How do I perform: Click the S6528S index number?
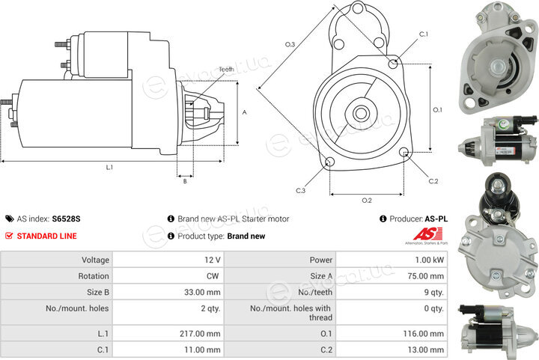click(66, 219)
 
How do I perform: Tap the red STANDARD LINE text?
click(46, 236)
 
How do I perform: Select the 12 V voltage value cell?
click(168, 260)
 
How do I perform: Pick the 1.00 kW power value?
click(430, 260)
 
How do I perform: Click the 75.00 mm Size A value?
click(425, 276)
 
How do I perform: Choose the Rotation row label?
click(94, 276)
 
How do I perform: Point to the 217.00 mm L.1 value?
click(200, 334)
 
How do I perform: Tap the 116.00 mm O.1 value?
click(424, 334)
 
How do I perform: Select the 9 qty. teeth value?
click(433, 293)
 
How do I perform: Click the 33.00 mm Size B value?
click(202, 293)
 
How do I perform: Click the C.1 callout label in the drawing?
click(424, 34)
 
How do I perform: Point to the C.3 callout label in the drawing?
click(300, 191)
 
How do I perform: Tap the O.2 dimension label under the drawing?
click(367, 201)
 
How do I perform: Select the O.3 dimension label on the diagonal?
click(290, 44)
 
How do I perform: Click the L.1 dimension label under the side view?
click(109, 168)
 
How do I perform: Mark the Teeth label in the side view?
click(226, 70)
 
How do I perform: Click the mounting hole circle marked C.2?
click(404, 152)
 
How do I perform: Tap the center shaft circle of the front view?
click(361, 113)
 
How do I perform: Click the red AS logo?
click(427, 234)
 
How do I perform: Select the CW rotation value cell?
click(168, 276)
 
